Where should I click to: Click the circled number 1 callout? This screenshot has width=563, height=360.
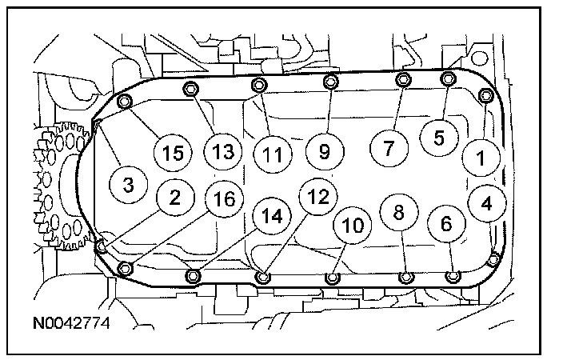coord(481,158)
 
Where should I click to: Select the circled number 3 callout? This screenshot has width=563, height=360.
coord(129,185)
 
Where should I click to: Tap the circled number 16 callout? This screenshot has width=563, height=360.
coord(226,199)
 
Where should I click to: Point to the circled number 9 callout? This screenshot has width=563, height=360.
coord(325,150)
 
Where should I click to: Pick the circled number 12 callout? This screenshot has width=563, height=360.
coord(318,198)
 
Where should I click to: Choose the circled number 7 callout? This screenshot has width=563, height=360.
coord(389,147)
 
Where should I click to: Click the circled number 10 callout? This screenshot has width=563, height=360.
coord(353,226)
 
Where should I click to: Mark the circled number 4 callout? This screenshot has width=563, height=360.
coord(487,203)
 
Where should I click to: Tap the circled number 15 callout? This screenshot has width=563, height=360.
coord(174,152)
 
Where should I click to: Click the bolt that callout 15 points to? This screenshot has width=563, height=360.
coord(124,102)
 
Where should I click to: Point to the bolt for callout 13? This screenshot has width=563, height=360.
coord(190,88)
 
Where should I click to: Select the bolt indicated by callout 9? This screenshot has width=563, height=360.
coord(329,82)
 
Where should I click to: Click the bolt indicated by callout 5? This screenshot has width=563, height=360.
coord(448,78)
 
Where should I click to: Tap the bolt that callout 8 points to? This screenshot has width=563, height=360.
coord(406,278)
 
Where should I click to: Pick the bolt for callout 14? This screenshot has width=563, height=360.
coord(192,277)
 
